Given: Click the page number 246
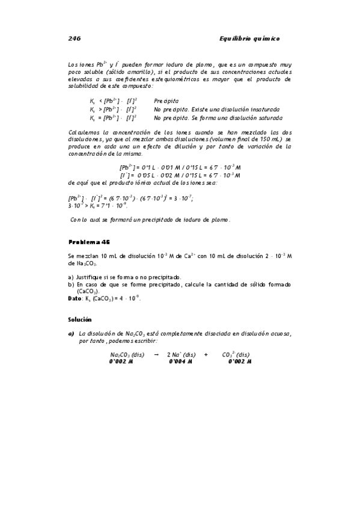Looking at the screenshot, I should pyautogui.click(x=74, y=38).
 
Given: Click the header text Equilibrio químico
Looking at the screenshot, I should pyautogui.click(x=250, y=38).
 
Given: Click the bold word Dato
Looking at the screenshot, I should pyautogui.click(x=75, y=297).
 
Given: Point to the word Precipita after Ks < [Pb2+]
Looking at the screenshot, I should pyautogui.click(x=166, y=100).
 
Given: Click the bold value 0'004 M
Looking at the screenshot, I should pyautogui.click(x=180, y=361).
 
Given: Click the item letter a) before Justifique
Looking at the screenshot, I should pyautogui.click(x=71, y=277).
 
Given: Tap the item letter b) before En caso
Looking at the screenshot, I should pyautogui.click(x=71, y=284).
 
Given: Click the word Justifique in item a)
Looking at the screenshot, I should pyautogui.click(x=90, y=277).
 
